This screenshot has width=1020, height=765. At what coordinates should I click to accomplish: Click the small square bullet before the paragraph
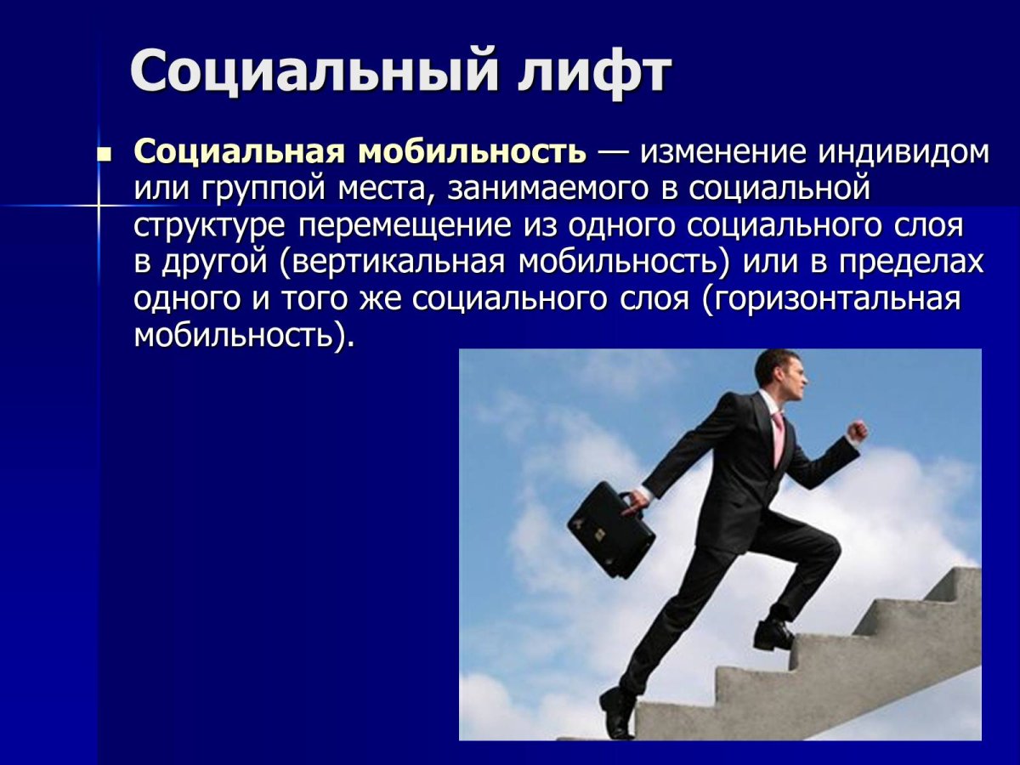pos(105,156)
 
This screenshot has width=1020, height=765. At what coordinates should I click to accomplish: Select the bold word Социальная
pos(239,152)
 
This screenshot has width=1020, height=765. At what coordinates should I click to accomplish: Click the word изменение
pos(722,152)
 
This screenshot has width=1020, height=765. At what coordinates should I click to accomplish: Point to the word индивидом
pos(903,152)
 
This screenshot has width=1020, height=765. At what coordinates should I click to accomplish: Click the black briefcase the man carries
pos(609,528)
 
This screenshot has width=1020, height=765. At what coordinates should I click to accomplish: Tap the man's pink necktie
pos(778,439)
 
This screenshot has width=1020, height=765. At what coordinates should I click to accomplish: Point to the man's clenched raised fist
pos(857,432)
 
